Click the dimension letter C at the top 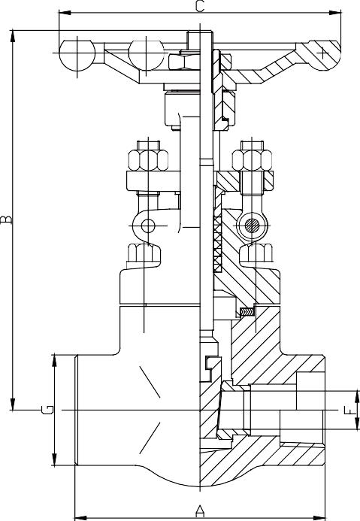coord(200,6)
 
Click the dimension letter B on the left coord(6,220)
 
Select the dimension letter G coord(47,410)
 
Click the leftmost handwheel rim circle coord(77,55)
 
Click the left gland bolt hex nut coord(148,160)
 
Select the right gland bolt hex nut coord(252,160)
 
